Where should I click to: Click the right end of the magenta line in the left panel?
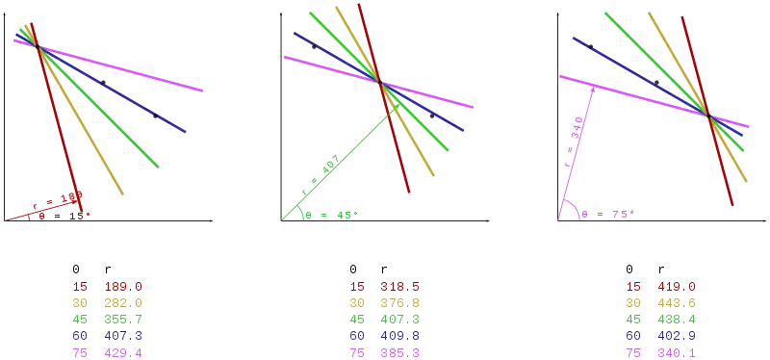(x=205, y=90)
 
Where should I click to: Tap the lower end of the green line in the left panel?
(x=159, y=167)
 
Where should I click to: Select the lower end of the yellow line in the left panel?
(x=126, y=198)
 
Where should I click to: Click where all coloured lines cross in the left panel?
(x=38, y=46)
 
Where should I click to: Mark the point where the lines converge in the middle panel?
(x=383, y=85)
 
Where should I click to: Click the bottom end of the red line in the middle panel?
(x=411, y=195)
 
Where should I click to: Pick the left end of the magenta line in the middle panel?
(x=286, y=58)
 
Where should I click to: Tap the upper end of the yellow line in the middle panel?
(x=335, y=3)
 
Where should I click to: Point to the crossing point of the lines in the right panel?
(x=710, y=116)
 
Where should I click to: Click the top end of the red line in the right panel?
(x=680, y=16)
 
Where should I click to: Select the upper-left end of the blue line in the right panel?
(x=572, y=39)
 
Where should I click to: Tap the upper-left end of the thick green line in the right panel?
(x=603, y=12)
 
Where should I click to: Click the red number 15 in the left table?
(x=79, y=285)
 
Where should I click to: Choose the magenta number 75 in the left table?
(x=79, y=353)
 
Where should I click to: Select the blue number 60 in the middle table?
(x=357, y=337)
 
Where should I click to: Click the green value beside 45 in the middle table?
(x=401, y=317)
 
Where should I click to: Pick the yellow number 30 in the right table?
(x=634, y=301)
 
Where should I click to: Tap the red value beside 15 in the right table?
(x=677, y=285)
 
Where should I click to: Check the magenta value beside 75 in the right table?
(x=677, y=353)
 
